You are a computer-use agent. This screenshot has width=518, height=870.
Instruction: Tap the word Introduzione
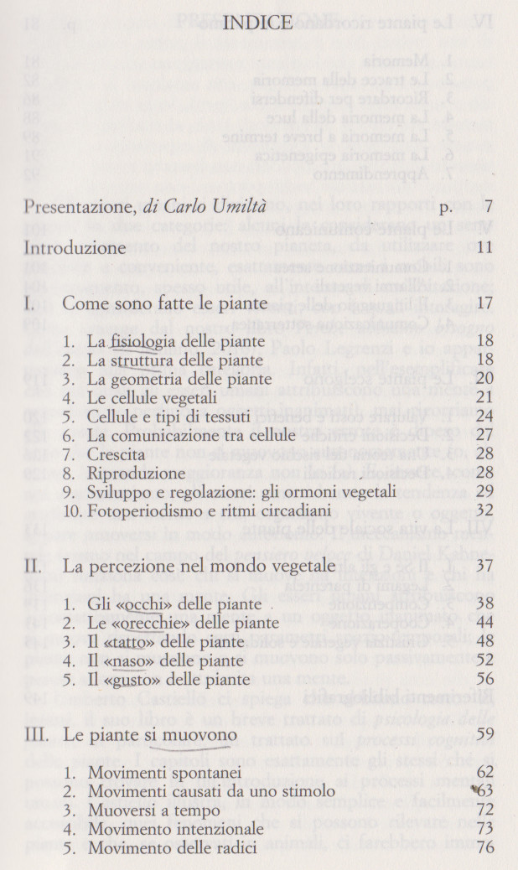(75, 248)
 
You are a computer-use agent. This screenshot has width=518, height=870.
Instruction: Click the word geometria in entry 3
(144, 379)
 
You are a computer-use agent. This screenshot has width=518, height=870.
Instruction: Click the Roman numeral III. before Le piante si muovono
(38, 734)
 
